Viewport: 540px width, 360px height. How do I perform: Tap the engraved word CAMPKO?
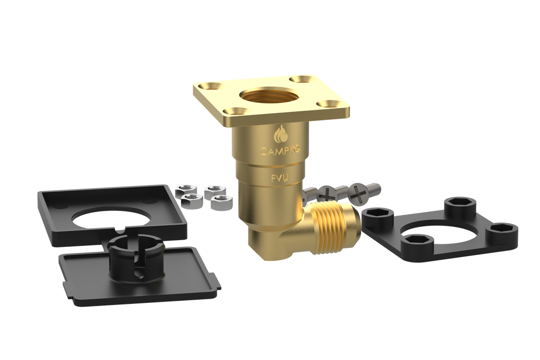pos(279,151)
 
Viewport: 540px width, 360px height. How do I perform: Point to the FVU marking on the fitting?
pos(280,178)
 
